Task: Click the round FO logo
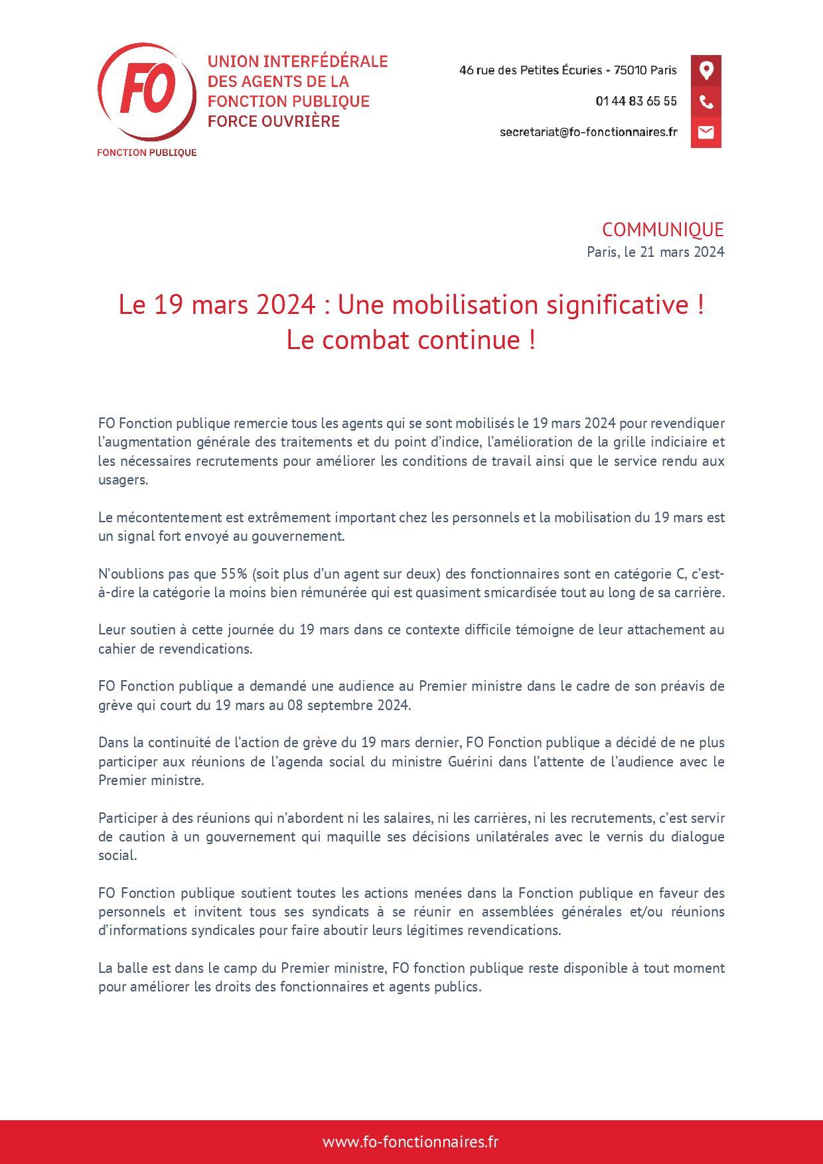147,92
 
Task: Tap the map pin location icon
706,70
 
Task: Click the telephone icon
706,102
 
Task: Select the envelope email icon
706,132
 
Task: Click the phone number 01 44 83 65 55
636,102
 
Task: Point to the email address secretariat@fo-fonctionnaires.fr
588,132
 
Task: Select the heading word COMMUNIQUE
662,230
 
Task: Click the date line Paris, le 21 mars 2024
655,252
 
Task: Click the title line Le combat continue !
411,340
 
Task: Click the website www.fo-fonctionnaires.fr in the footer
411,1142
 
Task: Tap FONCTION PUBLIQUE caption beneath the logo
147,153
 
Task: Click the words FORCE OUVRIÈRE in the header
273,121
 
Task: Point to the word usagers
123,480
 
